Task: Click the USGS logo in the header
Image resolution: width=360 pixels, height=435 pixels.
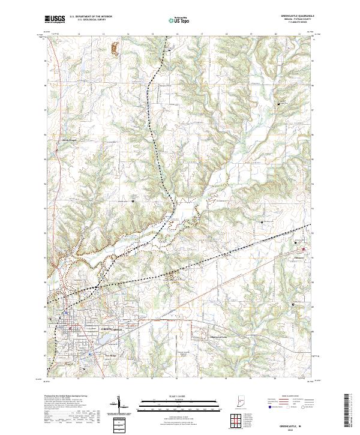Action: coord(55,19)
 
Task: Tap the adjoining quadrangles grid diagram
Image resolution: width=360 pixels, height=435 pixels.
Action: coord(234,419)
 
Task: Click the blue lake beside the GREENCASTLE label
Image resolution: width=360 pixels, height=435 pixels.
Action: coord(100,339)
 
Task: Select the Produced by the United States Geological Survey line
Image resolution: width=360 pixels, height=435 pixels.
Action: coord(68,397)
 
